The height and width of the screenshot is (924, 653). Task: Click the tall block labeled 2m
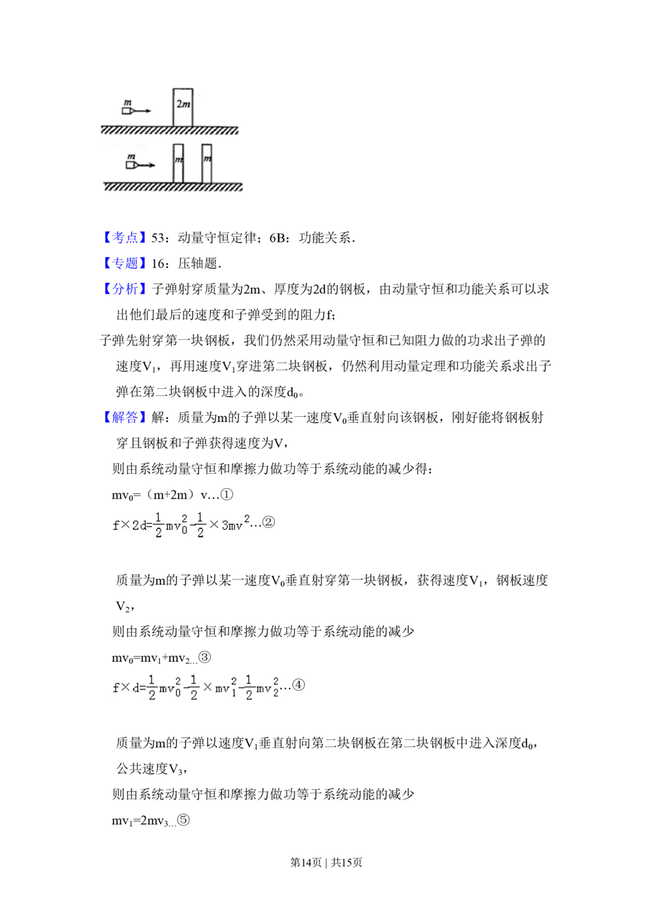183,105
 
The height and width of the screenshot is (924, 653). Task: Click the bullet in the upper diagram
128,111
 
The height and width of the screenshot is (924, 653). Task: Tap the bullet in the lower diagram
132,165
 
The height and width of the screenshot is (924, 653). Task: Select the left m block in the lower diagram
178,163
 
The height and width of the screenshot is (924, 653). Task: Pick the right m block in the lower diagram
207,163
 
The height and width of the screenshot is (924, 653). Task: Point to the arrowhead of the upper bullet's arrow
149,111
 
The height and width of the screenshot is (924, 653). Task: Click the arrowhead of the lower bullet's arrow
153,165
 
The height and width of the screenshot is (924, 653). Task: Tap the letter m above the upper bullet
129,103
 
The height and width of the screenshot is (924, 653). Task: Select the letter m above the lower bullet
131,157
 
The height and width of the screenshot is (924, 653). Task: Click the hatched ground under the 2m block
170,131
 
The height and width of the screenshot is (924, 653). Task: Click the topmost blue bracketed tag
125,238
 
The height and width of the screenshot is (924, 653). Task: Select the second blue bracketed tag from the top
125,264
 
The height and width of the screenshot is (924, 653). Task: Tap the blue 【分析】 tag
125,289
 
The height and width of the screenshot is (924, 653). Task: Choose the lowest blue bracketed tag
125,416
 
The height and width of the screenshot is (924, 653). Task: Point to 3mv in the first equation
232,526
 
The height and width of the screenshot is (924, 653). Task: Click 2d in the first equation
139,526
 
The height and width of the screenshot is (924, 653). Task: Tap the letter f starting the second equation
116,688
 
